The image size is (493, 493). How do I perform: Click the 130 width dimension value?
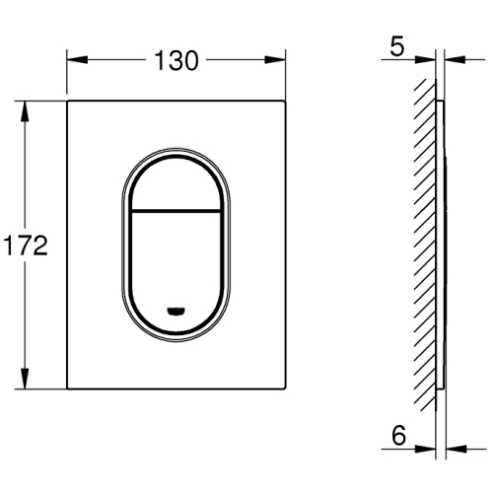(176, 60)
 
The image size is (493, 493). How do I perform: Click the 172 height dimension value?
(26, 246)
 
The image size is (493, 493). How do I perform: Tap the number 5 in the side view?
(397, 46)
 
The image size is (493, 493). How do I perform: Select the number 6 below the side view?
(398, 435)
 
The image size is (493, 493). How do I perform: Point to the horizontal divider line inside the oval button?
(176, 210)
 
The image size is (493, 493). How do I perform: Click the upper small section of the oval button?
(176, 184)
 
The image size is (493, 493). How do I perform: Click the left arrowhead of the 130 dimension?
(77, 60)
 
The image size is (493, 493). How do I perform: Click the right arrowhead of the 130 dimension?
(275, 60)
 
